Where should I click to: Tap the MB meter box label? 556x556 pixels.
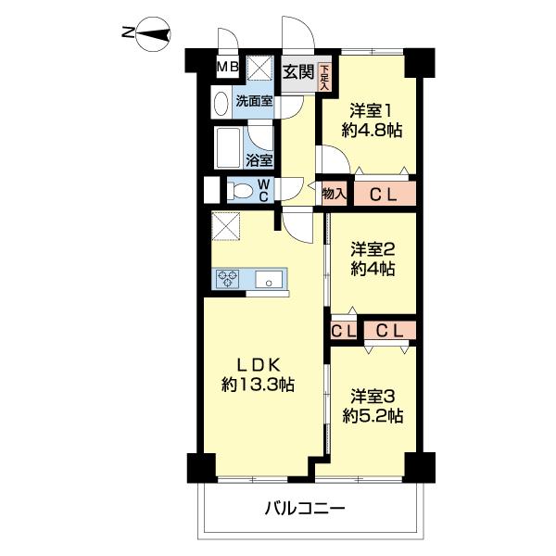click(228, 68)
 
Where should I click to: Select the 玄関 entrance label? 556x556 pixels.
click(297, 71)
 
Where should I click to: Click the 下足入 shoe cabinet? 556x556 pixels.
click(324, 71)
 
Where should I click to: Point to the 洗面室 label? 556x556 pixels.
click(253, 102)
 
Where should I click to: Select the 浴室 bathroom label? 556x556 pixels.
click(259, 160)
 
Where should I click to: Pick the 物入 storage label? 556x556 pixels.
click(334, 194)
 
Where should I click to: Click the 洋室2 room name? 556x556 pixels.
click(373, 249)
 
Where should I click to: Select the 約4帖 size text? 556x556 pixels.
click(373, 270)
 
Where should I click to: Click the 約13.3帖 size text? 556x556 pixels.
click(258, 384)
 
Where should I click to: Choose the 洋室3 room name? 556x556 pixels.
click(371, 395)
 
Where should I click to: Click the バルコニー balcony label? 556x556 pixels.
click(305, 509)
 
